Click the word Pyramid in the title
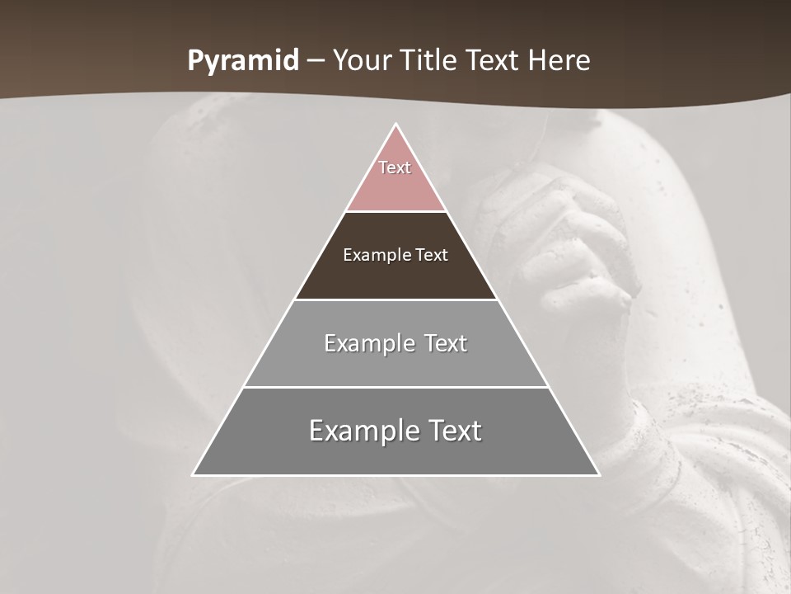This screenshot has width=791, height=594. [x=243, y=60]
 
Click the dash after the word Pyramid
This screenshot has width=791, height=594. [x=315, y=61]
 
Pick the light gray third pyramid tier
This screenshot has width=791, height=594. [x=395, y=363]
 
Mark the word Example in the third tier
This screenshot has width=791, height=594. [x=369, y=343]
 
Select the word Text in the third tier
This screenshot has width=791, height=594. [x=446, y=343]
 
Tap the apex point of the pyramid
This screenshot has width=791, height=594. [x=395, y=125]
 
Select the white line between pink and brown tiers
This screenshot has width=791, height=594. [x=395, y=211]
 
